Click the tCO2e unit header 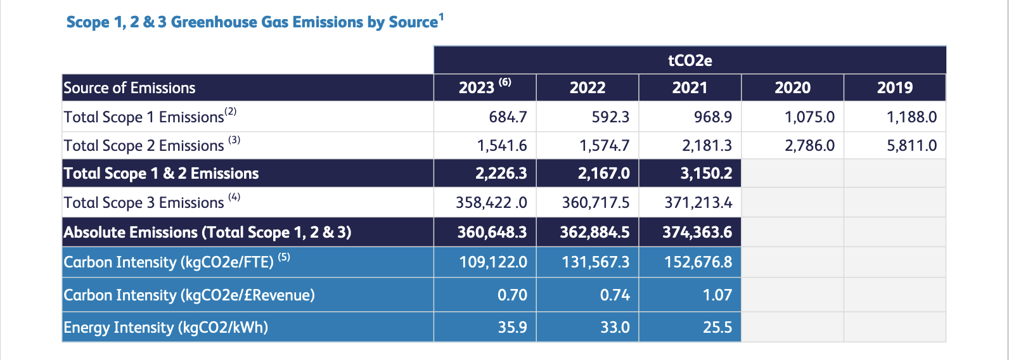[x=690, y=60]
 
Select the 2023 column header [x=477, y=87]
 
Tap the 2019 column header [x=894, y=87]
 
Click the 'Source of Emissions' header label [x=130, y=88]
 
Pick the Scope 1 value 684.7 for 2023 [x=508, y=117]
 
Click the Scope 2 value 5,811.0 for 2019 [x=911, y=146]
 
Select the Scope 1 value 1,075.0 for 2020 [x=809, y=117]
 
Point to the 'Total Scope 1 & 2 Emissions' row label [x=162, y=174]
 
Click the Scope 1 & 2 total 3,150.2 [x=706, y=174]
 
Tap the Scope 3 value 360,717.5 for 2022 [x=596, y=203]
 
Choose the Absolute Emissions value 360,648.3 [x=492, y=233]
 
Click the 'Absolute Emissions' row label [x=207, y=233]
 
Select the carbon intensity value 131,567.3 [x=596, y=262]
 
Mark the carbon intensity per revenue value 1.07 [x=717, y=295]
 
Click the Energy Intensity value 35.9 [x=512, y=328]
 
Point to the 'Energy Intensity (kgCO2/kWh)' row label [x=166, y=328]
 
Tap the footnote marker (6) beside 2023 [x=504, y=82]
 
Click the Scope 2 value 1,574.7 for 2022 [x=604, y=146]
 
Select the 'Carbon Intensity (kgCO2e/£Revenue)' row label [x=189, y=295]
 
